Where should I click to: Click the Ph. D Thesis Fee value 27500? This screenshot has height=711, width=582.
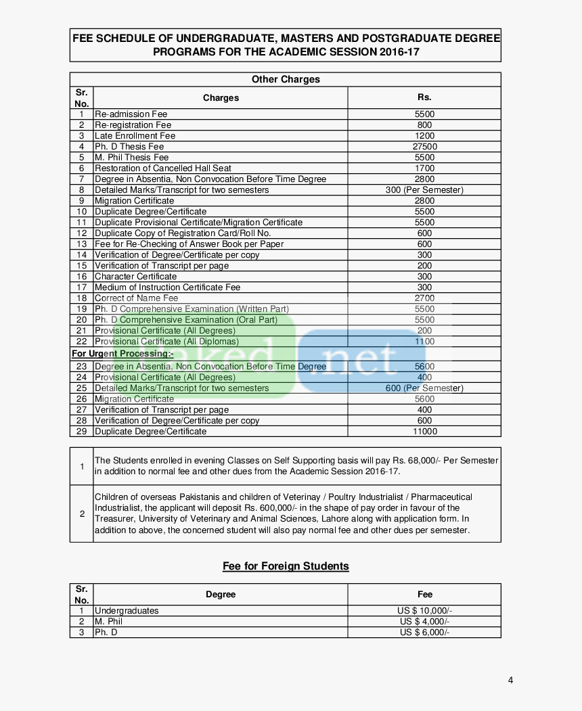[x=424, y=147]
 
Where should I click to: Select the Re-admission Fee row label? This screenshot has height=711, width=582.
[x=131, y=114]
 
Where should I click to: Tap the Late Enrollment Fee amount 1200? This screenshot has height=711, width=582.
[x=424, y=136]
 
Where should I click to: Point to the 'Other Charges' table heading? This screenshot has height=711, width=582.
[x=286, y=79]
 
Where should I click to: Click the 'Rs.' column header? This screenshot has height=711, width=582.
[x=424, y=97]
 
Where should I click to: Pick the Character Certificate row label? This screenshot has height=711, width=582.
[x=135, y=277]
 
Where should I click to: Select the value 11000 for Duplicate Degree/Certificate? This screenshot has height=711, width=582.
[x=424, y=432]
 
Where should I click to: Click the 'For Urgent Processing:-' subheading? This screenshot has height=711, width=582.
[x=122, y=354]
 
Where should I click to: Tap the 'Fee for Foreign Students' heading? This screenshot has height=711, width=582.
[x=286, y=566]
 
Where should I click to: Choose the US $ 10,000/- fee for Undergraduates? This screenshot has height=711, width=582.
[x=424, y=611]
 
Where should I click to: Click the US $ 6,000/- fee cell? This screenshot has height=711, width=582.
[x=424, y=633]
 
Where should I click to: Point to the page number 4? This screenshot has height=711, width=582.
[x=510, y=680]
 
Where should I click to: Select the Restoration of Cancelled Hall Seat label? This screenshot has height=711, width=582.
[x=162, y=168]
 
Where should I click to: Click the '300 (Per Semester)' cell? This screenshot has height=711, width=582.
[x=424, y=190]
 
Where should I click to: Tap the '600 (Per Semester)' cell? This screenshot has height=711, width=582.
[x=424, y=388]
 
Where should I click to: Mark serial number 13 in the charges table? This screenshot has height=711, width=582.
[x=81, y=244]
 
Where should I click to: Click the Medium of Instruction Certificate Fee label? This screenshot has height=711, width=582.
[x=167, y=288]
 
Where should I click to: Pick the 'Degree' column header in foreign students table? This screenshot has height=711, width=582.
[x=221, y=595]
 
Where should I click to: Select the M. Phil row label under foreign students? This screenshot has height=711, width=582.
[x=108, y=622]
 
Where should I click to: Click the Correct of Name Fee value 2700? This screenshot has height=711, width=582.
[x=424, y=298]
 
